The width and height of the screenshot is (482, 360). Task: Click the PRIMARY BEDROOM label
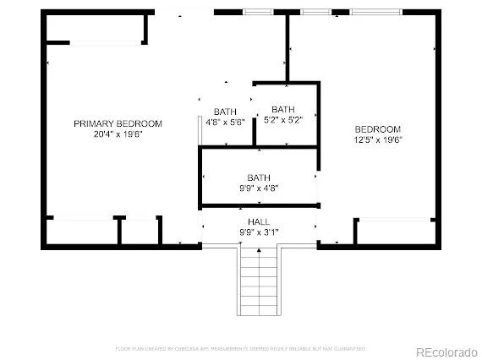tap(118, 123)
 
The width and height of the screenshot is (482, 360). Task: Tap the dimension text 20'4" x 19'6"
tap(118, 134)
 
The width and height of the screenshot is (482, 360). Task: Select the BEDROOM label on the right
tap(377, 128)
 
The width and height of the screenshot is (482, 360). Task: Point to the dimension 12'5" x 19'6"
tap(377, 139)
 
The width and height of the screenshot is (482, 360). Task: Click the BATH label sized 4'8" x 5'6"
tap(226, 112)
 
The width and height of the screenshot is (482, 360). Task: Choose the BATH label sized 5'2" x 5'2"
tap(283, 109)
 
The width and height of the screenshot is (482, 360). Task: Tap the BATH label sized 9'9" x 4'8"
tap(258, 177)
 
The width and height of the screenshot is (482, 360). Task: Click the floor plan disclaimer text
tap(241, 347)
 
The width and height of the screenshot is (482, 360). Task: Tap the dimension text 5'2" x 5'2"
tap(283, 120)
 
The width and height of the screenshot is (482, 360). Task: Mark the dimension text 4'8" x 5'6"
tap(226, 123)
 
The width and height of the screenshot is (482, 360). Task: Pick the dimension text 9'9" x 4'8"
tap(258, 188)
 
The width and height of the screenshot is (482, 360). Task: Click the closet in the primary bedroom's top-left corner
tap(94, 30)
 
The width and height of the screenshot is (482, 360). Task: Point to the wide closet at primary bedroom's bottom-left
tap(80, 232)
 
